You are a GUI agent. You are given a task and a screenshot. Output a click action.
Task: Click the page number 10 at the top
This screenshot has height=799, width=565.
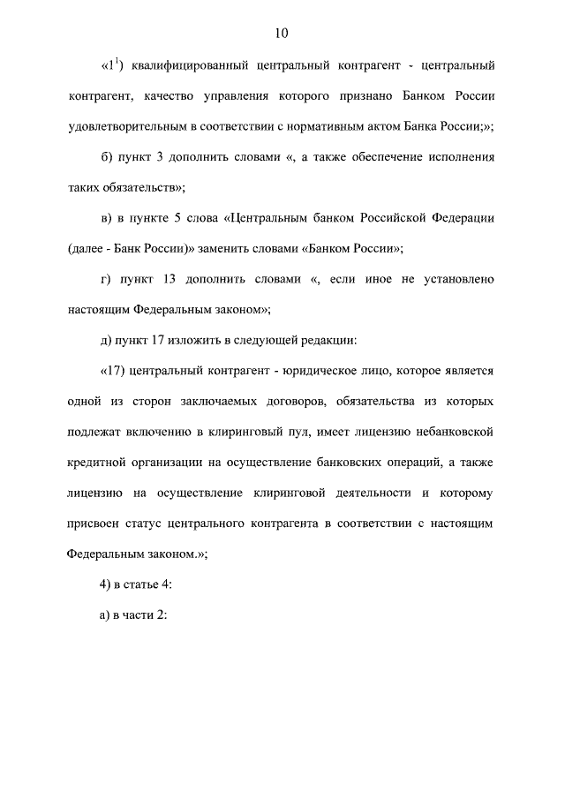point(282,34)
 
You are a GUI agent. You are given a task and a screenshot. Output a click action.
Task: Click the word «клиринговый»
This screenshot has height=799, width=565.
point(285,433)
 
